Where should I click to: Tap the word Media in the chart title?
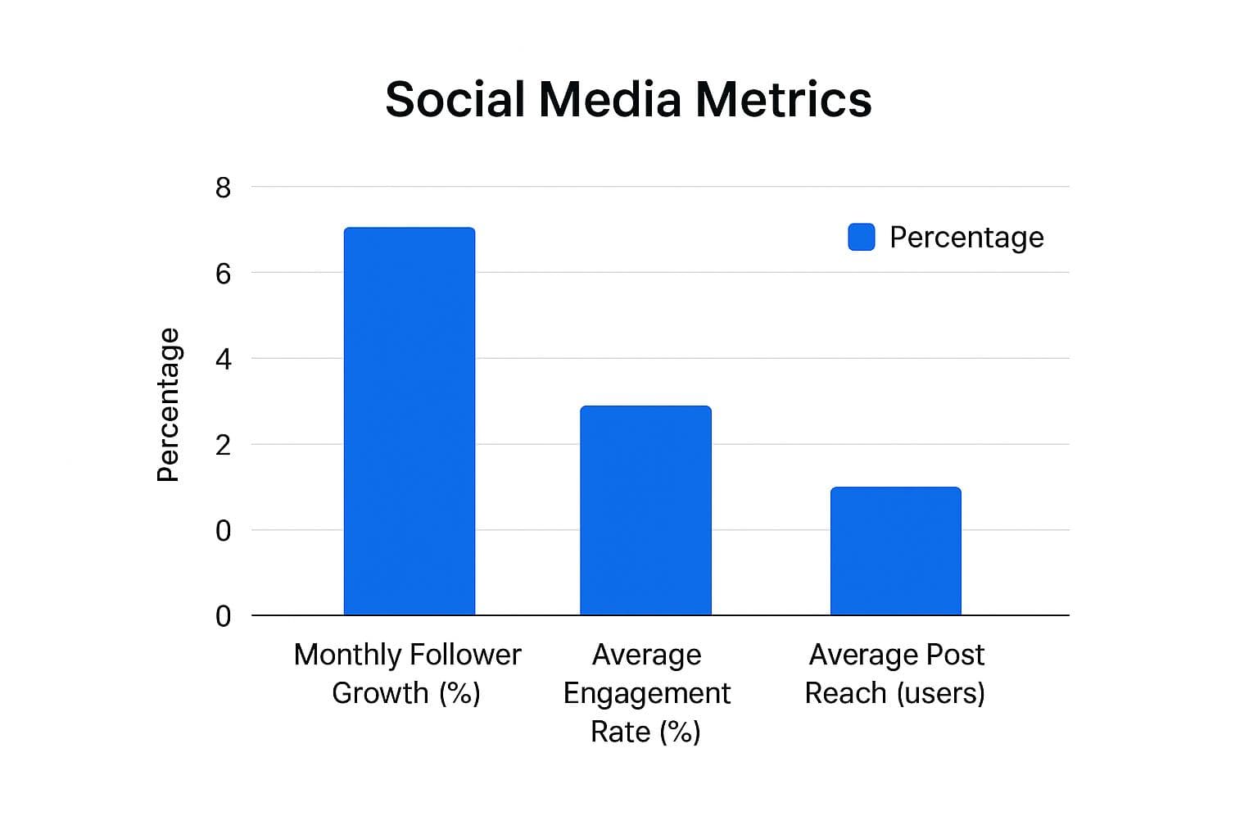pos(609,100)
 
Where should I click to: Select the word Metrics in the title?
pos(783,100)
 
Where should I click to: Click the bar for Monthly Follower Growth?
pos(409,421)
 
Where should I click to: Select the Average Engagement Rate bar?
pos(645,510)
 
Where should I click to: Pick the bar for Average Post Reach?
pos(895,551)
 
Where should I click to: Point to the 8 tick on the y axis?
pos(223,188)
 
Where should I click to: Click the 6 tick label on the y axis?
pos(223,274)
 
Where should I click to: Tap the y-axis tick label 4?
pos(223,360)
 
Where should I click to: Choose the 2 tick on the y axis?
pos(223,446)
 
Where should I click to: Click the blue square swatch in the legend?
pos(861,237)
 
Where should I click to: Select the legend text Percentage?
pos(966,238)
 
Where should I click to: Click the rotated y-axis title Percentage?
pos(168,405)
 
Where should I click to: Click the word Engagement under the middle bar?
pos(646,694)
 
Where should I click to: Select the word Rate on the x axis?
pos(620,732)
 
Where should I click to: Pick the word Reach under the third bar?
pos(846,693)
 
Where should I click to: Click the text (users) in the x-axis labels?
pos(940,694)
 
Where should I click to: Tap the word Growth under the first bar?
pos(380,694)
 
